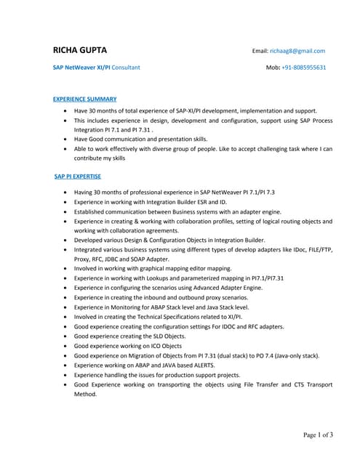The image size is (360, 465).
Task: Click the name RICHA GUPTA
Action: (79, 50)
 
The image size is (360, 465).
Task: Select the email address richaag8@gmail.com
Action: (297, 51)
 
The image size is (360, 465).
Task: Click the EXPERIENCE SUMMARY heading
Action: (84, 98)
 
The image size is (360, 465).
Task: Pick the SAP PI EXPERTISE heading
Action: (78, 176)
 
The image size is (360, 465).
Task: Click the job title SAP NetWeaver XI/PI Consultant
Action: (97, 67)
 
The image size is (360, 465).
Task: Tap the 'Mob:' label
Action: (273, 67)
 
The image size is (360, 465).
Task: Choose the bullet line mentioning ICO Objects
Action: (128, 346)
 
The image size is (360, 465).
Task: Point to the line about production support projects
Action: (158, 375)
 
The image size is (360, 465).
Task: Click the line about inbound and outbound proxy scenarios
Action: (161, 297)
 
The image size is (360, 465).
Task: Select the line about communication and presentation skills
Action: (140, 138)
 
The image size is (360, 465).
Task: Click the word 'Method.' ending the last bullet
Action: (85, 395)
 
